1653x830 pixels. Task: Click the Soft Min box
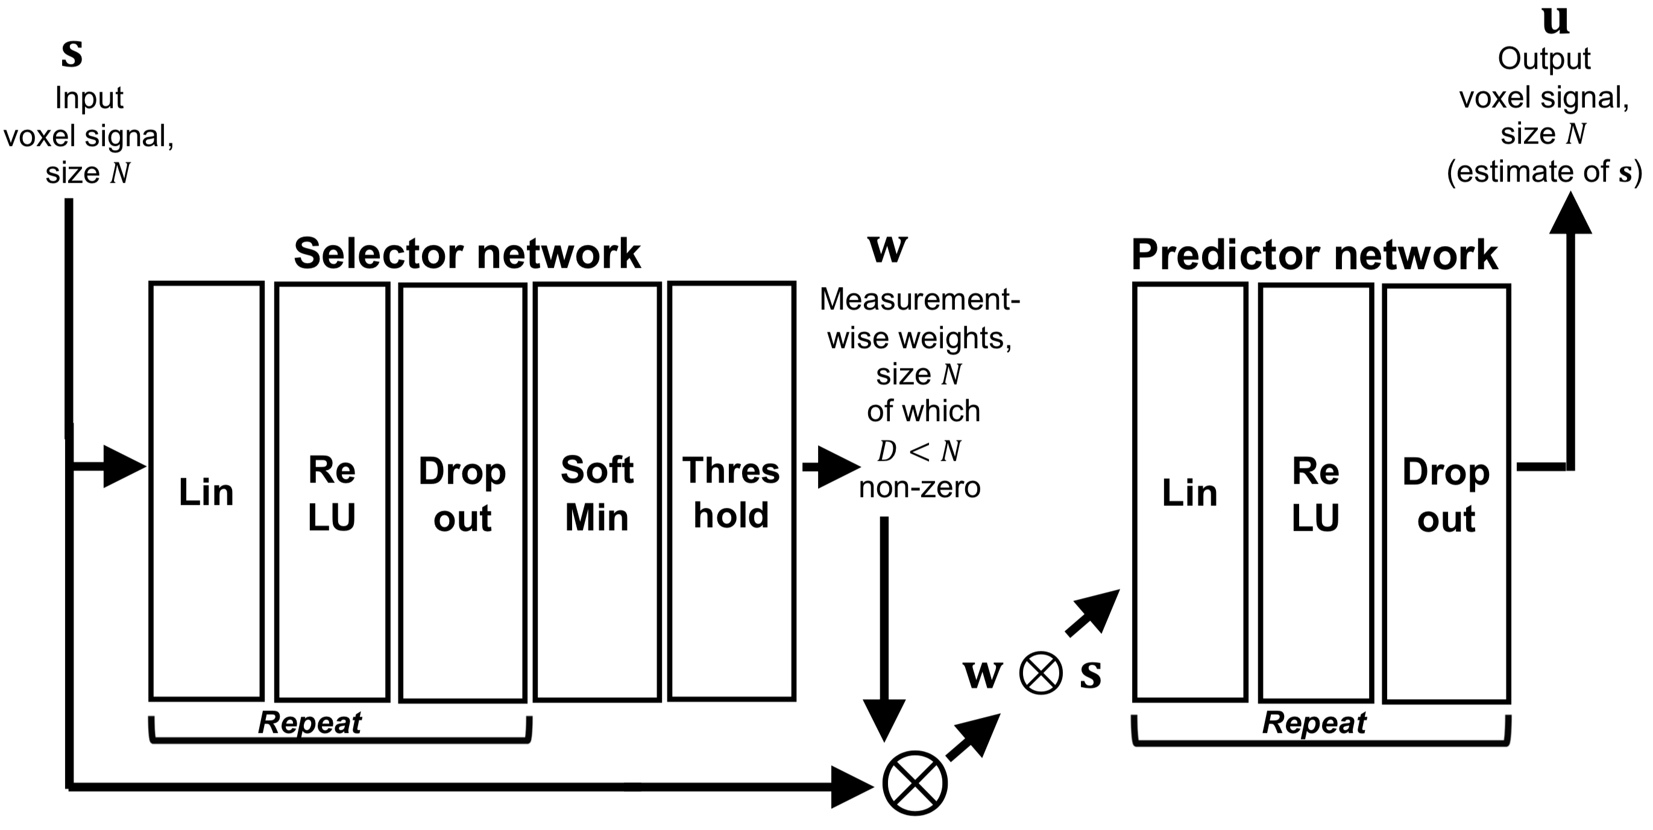click(x=597, y=492)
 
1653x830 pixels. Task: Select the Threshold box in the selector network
click(x=731, y=492)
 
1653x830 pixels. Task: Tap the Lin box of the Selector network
click(x=206, y=492)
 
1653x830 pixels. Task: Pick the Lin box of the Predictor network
click(x=1189, y=492)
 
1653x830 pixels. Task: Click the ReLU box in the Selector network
click(x=332, y=492)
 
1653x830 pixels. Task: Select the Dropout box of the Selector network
click(x=462, y=493)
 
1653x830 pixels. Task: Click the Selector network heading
click(x=467, y=253)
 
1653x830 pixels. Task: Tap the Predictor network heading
click(x=1314, y=254)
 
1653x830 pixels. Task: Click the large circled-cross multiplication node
click(x=915, y=783)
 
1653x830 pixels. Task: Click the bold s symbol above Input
click(x=72, y=53)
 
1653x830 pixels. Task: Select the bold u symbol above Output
click(x=1555, y=21)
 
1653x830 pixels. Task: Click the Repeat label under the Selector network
click(x=309, y=723)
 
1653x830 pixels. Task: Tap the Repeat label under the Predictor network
click(x=1314, y=723)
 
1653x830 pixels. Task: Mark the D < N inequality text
click(x=919, y=451)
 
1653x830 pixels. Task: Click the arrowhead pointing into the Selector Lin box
click(x=125, y=466)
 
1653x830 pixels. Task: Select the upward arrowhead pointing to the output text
click(x=1570, y=213)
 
